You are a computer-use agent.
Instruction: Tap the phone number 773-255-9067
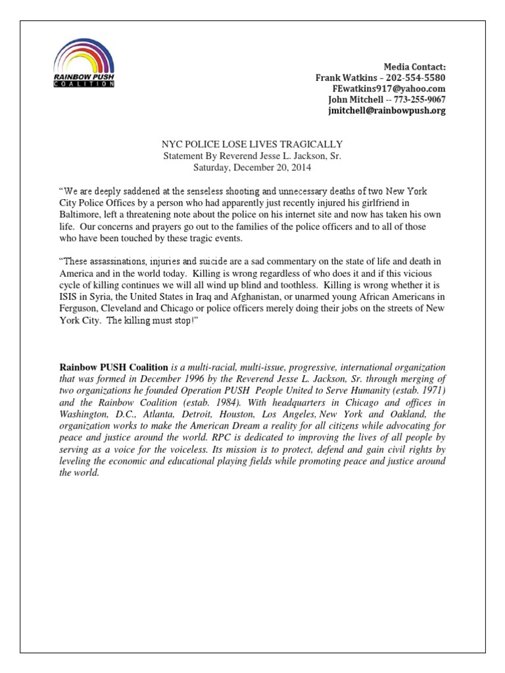pyautogui.click(x=418, y=100)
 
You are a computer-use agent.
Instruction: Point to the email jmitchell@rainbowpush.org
pyautogui.click(x=387, y=111)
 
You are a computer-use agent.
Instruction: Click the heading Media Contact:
pyautogui.click(x=415, y=67)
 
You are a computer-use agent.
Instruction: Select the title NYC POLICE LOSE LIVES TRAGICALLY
pyautogui.click(x=252, y=144)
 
